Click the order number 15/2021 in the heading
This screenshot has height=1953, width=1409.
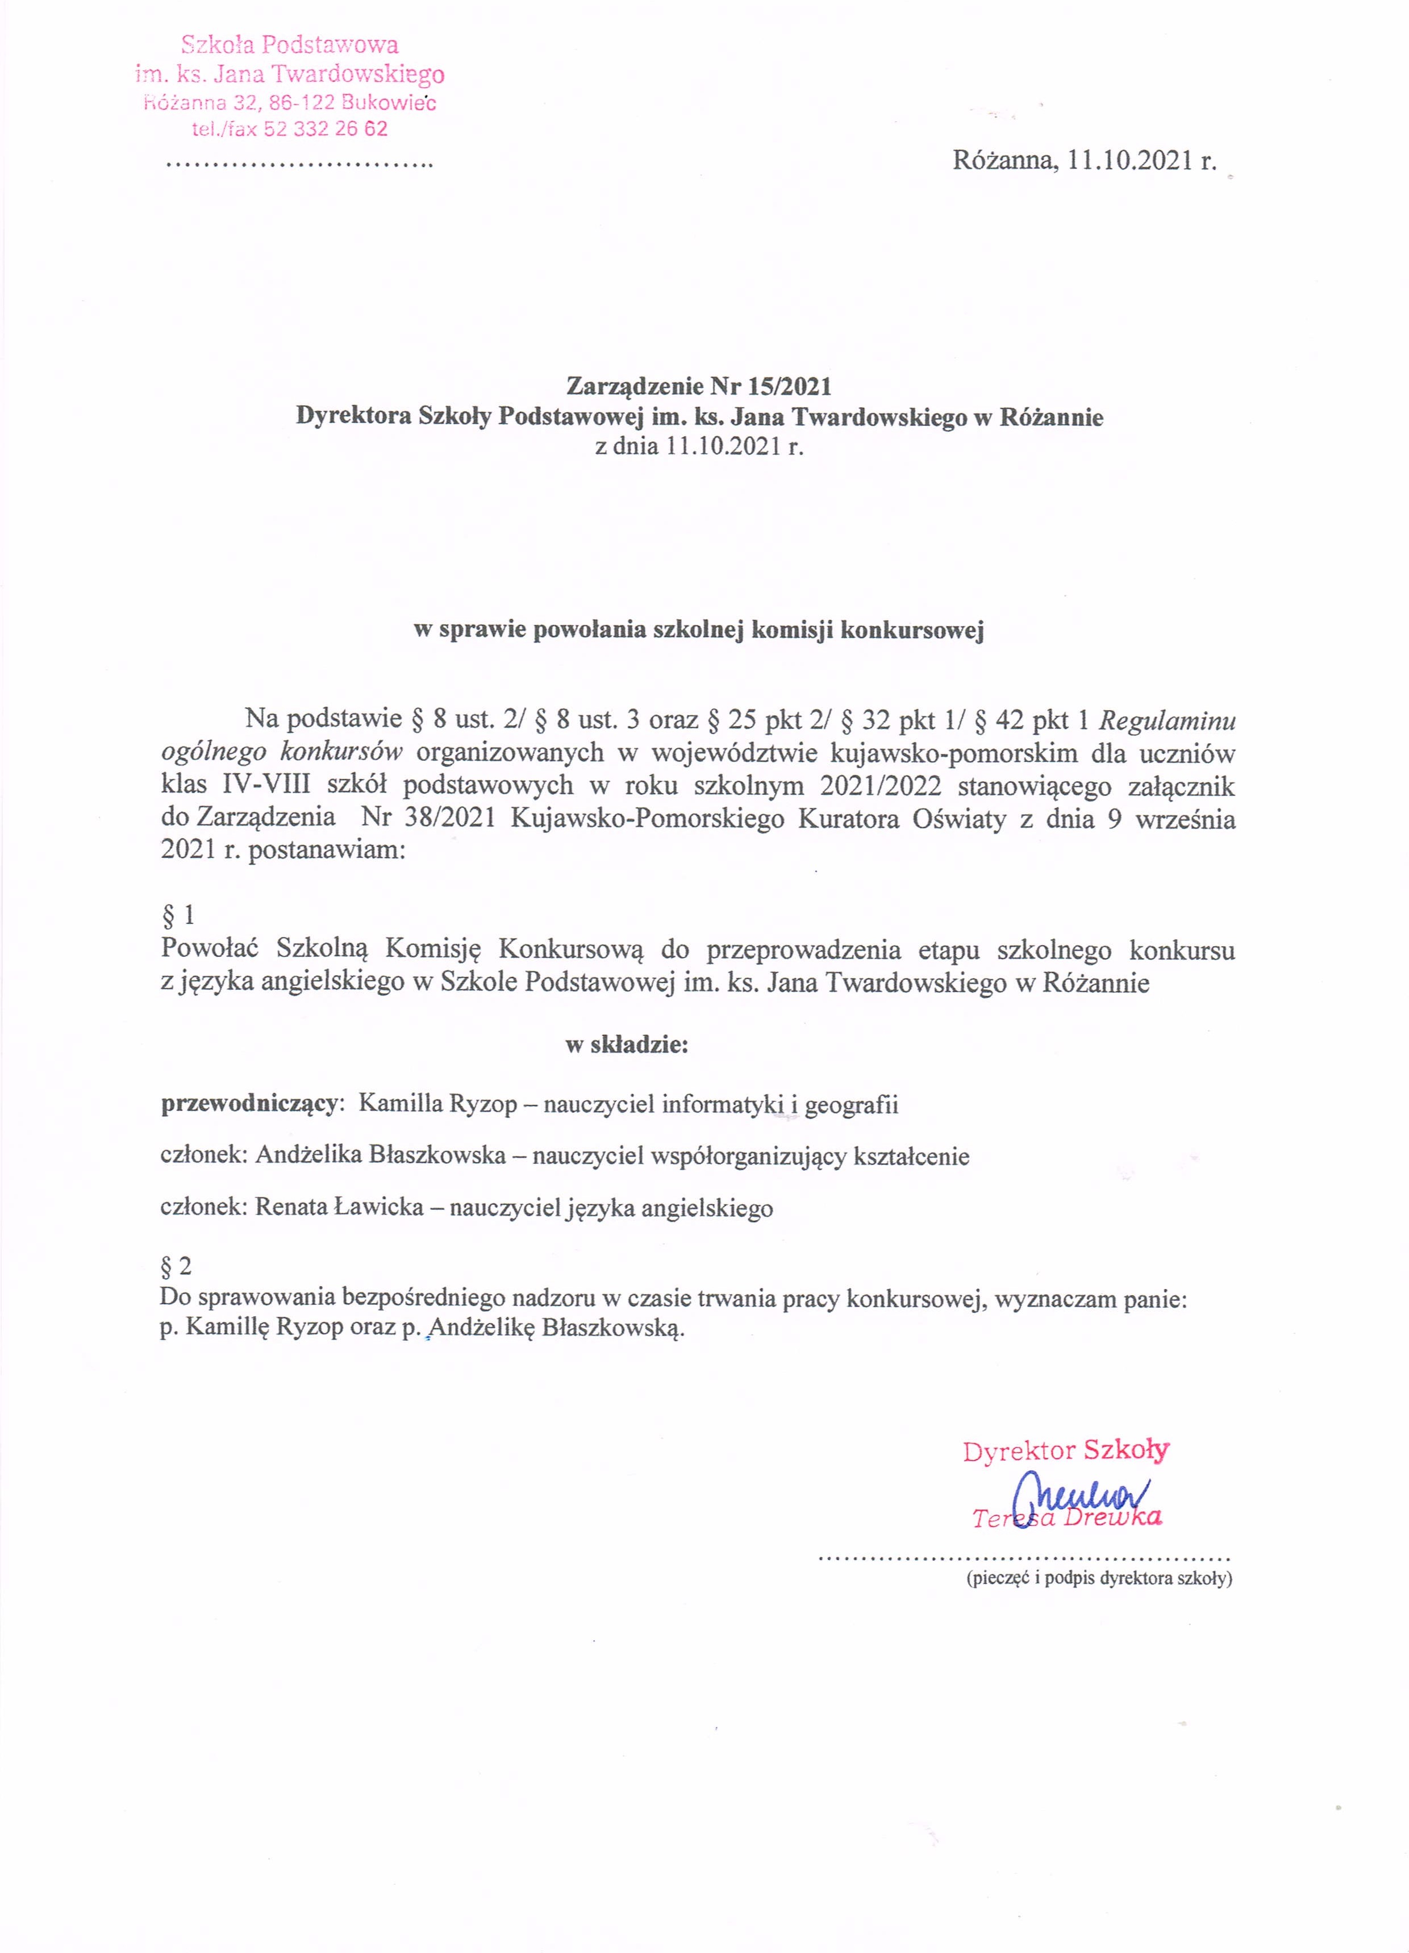pos(790,386)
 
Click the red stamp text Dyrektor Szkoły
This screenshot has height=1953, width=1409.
pos(1066,1451)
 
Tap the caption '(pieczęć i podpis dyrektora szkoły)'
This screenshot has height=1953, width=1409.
pos(1099,1578)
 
